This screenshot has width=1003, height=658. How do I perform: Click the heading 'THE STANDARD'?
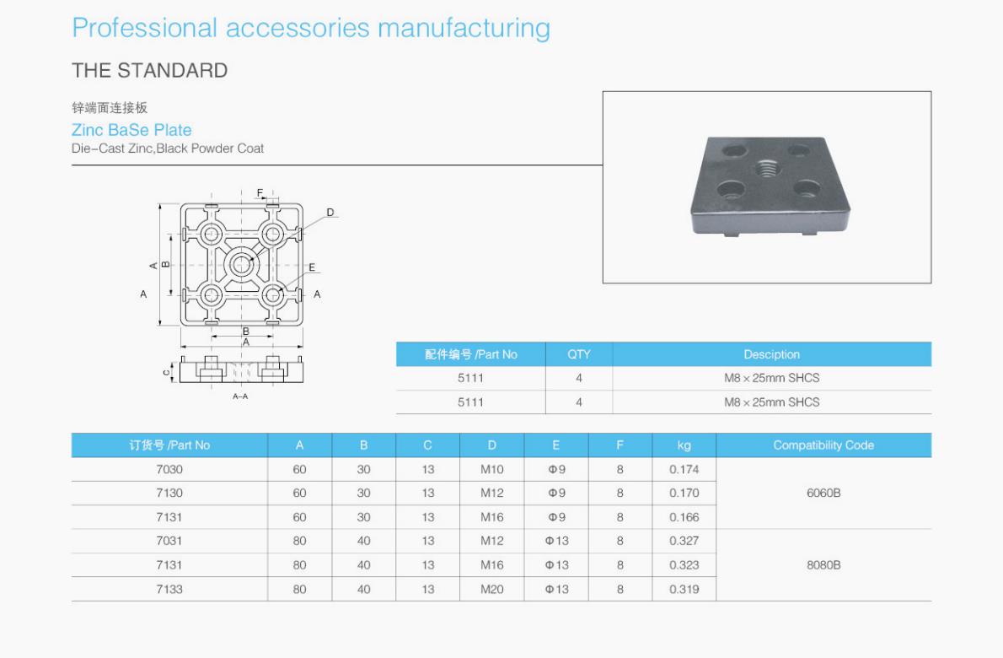coord(150,71)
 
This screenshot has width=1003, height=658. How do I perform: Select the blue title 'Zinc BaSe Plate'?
coord(131,130)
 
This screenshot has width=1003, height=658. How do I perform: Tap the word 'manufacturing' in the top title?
coord(464,28)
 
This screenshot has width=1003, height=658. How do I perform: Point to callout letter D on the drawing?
coord(330,212)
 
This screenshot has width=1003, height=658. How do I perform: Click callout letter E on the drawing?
coord(312,267)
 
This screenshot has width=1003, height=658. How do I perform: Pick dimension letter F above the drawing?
coord(260,193)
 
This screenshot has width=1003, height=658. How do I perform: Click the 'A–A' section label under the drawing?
coord(240,396)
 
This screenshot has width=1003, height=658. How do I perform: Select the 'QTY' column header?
coord(579,354)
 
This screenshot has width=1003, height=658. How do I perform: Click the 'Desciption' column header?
coord(771,354)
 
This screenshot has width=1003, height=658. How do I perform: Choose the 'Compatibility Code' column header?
coord(823,445)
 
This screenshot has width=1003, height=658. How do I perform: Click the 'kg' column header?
coord(684,445)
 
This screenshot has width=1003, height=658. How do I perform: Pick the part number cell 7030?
coord(169,469)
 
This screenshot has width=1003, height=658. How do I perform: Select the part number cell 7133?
coord(169,589)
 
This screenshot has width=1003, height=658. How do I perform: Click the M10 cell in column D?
coord(492,469)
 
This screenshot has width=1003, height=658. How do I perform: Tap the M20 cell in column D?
coord(492,589)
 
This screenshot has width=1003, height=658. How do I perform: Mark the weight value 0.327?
coord(684,541)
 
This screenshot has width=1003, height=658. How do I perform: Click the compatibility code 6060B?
coord(823,493)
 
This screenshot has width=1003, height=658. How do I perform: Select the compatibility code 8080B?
coord(823,565)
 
